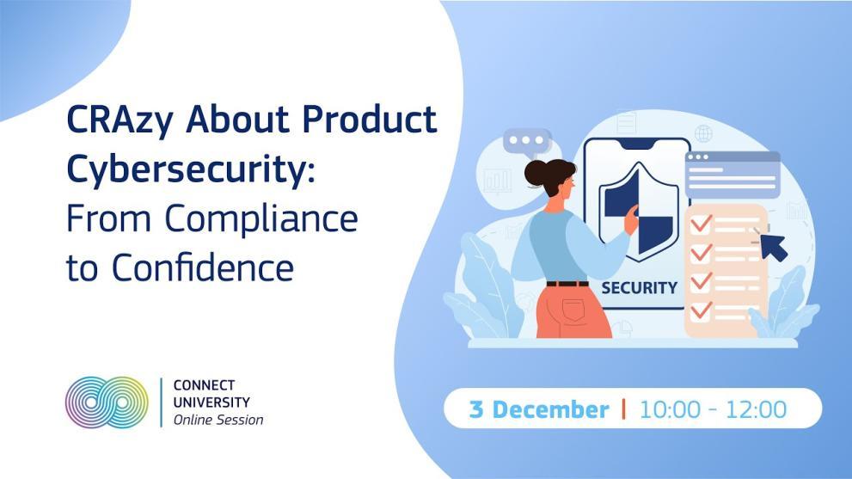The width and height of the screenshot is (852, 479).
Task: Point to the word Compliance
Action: point(261,218)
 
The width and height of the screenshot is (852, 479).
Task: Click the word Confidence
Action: point(201,267)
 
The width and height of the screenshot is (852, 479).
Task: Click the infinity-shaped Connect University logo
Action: point(107,402)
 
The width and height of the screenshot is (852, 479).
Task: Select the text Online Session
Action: point(218,421)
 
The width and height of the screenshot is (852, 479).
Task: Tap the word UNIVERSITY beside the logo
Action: point(211,402)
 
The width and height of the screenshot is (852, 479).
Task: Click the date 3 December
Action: point(539,409)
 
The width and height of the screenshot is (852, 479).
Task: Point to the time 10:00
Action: point(670,409)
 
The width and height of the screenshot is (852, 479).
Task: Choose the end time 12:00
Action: point(756,409)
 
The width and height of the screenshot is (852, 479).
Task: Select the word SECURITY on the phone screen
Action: point(638,288)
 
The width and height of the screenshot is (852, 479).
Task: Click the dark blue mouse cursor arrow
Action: point(774,247)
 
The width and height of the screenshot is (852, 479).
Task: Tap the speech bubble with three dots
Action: point(527,142)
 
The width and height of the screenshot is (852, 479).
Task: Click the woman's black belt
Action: point(567,283)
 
